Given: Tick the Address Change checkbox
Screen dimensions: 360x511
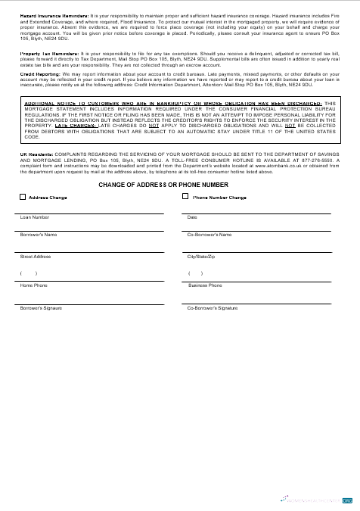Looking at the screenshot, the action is (23, 197).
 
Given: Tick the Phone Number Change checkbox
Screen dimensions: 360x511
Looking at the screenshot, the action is (185, 197).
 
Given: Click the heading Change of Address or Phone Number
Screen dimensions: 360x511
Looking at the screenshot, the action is (163, 184).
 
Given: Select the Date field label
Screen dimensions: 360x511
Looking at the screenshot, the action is (192, 217).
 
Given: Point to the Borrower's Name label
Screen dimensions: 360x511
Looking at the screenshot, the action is (39, 235).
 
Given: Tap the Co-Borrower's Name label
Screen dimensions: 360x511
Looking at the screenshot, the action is (209, 235).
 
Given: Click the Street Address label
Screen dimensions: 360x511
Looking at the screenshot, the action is (36, 257).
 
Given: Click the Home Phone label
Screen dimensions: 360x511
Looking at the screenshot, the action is (33, 285).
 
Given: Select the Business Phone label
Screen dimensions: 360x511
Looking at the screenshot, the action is (205, 285).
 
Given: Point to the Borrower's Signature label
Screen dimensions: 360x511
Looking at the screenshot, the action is (41, 308).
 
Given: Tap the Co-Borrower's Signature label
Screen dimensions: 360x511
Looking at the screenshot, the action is (213, 308).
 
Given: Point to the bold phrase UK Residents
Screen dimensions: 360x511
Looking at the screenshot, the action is (34, 153).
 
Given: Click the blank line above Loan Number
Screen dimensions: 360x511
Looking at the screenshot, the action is (91, 213).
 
